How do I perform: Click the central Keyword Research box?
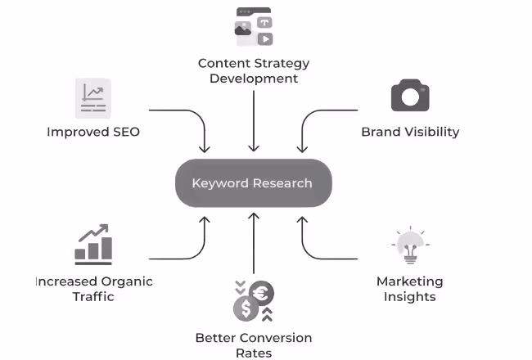(x=253, y=183)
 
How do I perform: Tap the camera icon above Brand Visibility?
(x=410, y=95)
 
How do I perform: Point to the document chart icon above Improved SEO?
(x=92, y=99)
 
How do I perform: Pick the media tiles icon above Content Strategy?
(x=254, y=27)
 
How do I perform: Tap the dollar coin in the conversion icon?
(x=246, y=308)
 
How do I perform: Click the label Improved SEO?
(x=93, y=132)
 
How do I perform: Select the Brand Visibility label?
(x=410, y=132)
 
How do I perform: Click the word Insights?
(x=409, y=296)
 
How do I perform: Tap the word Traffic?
(x=92, y=296)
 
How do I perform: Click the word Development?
(x=254, y=79)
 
